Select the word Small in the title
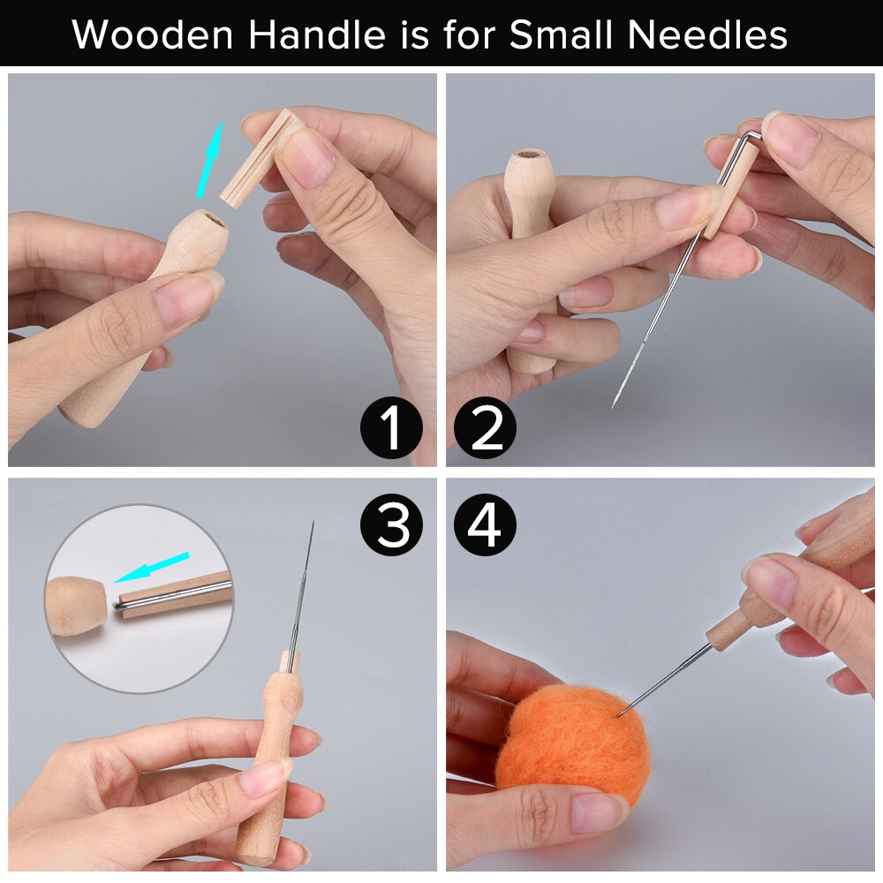tap(570, 35)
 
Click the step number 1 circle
tap(392, 428)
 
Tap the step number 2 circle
tap(485, 428)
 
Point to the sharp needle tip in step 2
tap(614, 405)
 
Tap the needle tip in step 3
tap(312, 524)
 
